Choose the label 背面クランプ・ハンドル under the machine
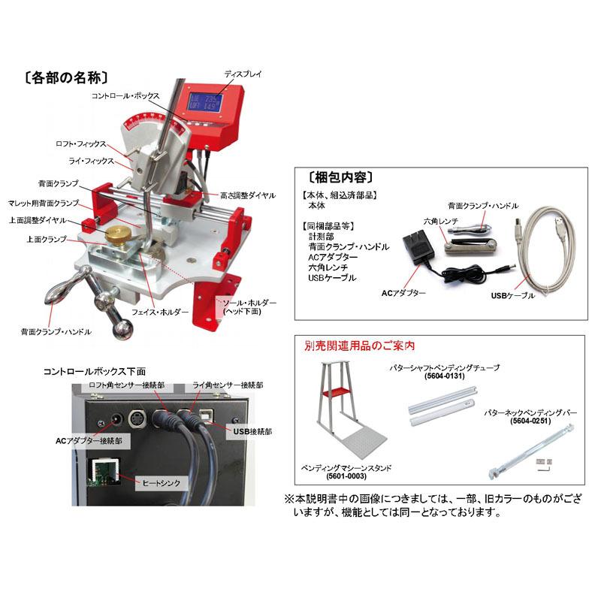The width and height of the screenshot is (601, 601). coord(57,331)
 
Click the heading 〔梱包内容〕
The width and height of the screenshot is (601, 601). coord(341,177)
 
